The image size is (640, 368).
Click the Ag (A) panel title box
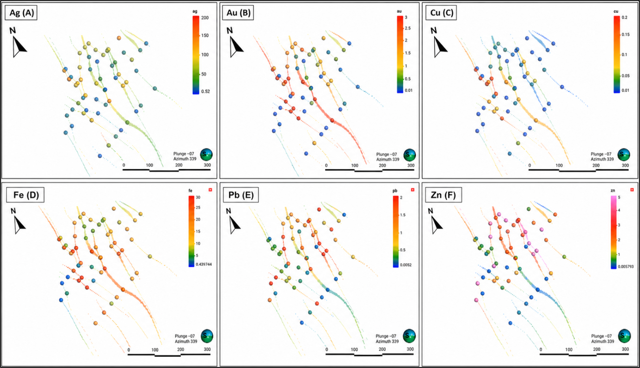tap(21, 13)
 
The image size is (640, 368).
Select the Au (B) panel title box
tap(238, 13)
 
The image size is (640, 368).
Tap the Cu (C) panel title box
tap(441, 13)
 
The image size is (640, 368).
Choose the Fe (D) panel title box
tap(26, 195)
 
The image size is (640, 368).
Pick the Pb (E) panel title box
tap(241, 195)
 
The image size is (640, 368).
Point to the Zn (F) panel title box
tap(443, 195)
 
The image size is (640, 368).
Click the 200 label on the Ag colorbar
tap(205, 18)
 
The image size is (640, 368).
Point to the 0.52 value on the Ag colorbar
tap(205, 91)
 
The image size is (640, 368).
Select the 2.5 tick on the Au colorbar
tap(408, 28)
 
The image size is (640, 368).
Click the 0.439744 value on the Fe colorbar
tap(204, 265)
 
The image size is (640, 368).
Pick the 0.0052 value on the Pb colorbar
tap(406, 265)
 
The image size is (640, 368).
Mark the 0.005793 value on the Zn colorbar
tap(626, 267)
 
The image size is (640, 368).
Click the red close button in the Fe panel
tap(210, 190)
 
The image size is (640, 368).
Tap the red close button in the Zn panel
tap(632, 190)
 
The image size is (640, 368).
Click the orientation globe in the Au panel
tap(409, 155)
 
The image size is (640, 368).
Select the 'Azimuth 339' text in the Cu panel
tap(602, 159)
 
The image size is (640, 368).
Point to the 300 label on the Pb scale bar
tap(410, 349)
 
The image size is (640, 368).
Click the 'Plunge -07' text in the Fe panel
tap(185, 336)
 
